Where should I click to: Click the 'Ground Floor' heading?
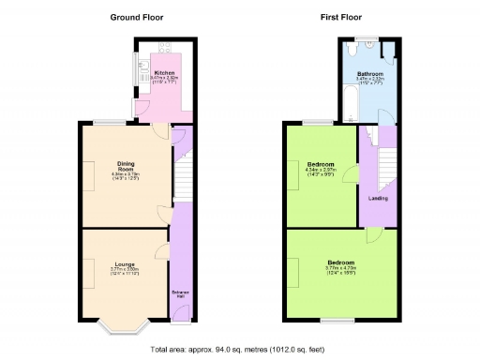tap(137, 18)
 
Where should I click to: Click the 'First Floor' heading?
tap(343, 18)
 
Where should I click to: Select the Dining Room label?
tap(125, 165)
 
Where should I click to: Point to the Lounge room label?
tap(125, 264)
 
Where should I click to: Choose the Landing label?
tap(378, 198)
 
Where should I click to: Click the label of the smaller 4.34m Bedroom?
tap(320, 164)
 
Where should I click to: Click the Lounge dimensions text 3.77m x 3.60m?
tap(125, 272)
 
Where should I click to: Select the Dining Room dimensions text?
tap(125, 175)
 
